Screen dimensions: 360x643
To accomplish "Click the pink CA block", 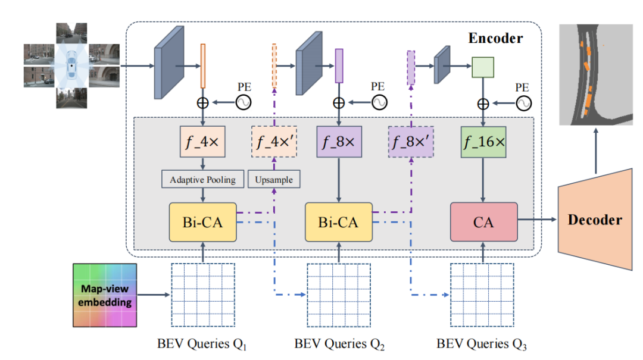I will pos(484,222).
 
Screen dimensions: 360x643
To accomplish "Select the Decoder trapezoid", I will pos(594,219).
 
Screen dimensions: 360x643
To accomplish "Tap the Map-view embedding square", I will pos(104,295).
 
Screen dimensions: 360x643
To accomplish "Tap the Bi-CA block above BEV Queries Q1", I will pos(202,222).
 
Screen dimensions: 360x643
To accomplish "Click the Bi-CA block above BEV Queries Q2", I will pos(339,222).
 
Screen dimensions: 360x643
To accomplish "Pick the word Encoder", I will pos(495,39).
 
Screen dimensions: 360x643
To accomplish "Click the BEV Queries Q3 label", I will pos(482,344).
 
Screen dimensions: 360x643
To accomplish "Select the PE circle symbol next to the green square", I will pos(523,103).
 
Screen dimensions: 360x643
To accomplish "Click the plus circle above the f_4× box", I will pos(203,103).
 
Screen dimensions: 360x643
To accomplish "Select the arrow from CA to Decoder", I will pos(537,220).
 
